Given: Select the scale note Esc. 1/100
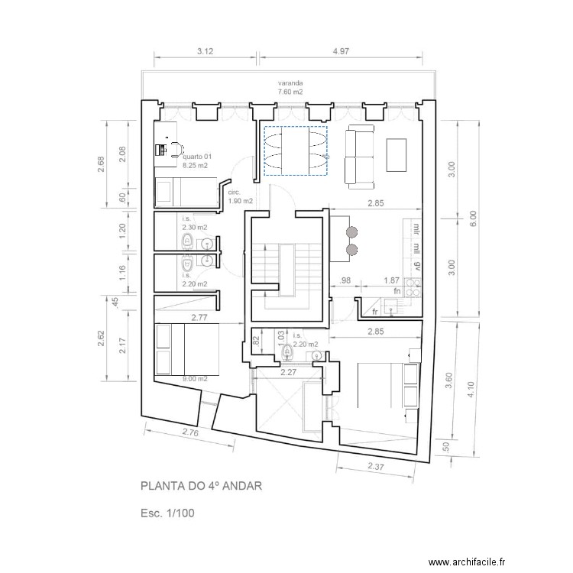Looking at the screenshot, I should (x=168, y=513).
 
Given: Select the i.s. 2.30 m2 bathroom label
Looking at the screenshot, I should (x=194, y=223).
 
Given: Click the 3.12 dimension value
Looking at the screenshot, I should (x=205, y=51).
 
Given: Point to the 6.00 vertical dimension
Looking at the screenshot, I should (x=473, y=219).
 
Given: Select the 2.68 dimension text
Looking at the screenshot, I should (x=102, y=164).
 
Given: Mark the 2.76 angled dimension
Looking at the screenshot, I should (x=191, y=433).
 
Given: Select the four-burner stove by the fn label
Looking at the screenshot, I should (x=413, y=287).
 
